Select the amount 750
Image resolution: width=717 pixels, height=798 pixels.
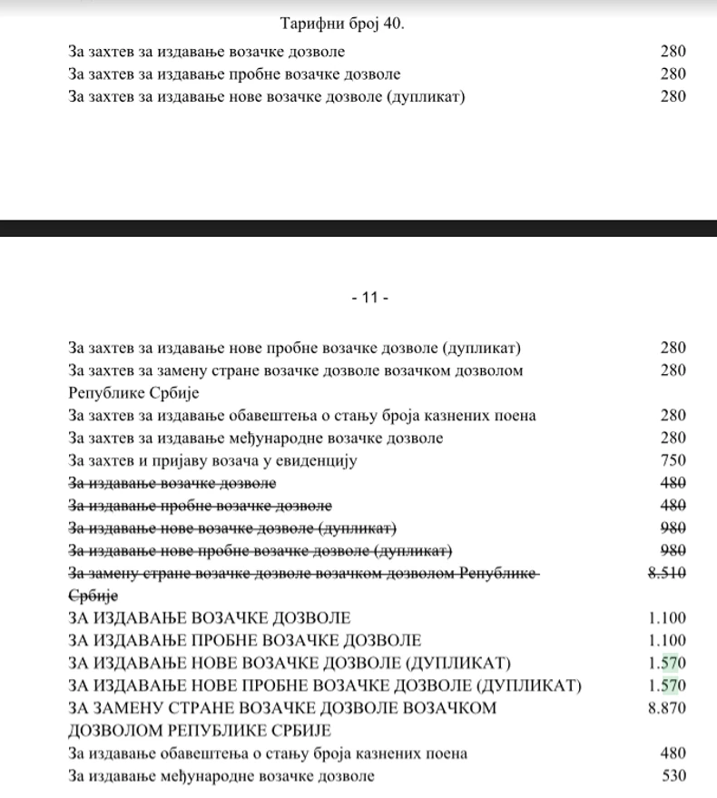[x=673, y=460]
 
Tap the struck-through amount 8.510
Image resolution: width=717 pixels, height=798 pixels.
[x=667, y=573]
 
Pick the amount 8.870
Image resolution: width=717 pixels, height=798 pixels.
[x=667, y=708]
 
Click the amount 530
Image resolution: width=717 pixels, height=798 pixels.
[x=673, y=775]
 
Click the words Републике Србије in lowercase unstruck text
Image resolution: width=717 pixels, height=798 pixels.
[x=133, y=393]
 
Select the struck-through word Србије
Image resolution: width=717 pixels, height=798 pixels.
[x=93, y=596]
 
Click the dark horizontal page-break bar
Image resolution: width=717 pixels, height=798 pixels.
[x=358, y=228]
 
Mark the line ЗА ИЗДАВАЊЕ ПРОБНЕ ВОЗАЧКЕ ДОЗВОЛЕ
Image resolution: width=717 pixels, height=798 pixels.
[x=244, y=640]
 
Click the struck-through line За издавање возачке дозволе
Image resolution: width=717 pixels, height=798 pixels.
[x=172, y=483]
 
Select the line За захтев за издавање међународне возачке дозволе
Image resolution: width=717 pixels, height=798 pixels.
[x=255, y=438]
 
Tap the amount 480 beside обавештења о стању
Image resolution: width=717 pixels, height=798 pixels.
[x=673, y=754]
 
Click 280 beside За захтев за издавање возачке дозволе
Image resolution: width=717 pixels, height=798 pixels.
[x=673, y=52]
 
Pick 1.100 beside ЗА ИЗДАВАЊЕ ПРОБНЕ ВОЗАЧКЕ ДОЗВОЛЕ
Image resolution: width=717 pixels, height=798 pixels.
[x=667, y=640]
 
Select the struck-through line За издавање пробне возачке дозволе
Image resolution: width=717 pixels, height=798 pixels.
[x=200, y=506]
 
